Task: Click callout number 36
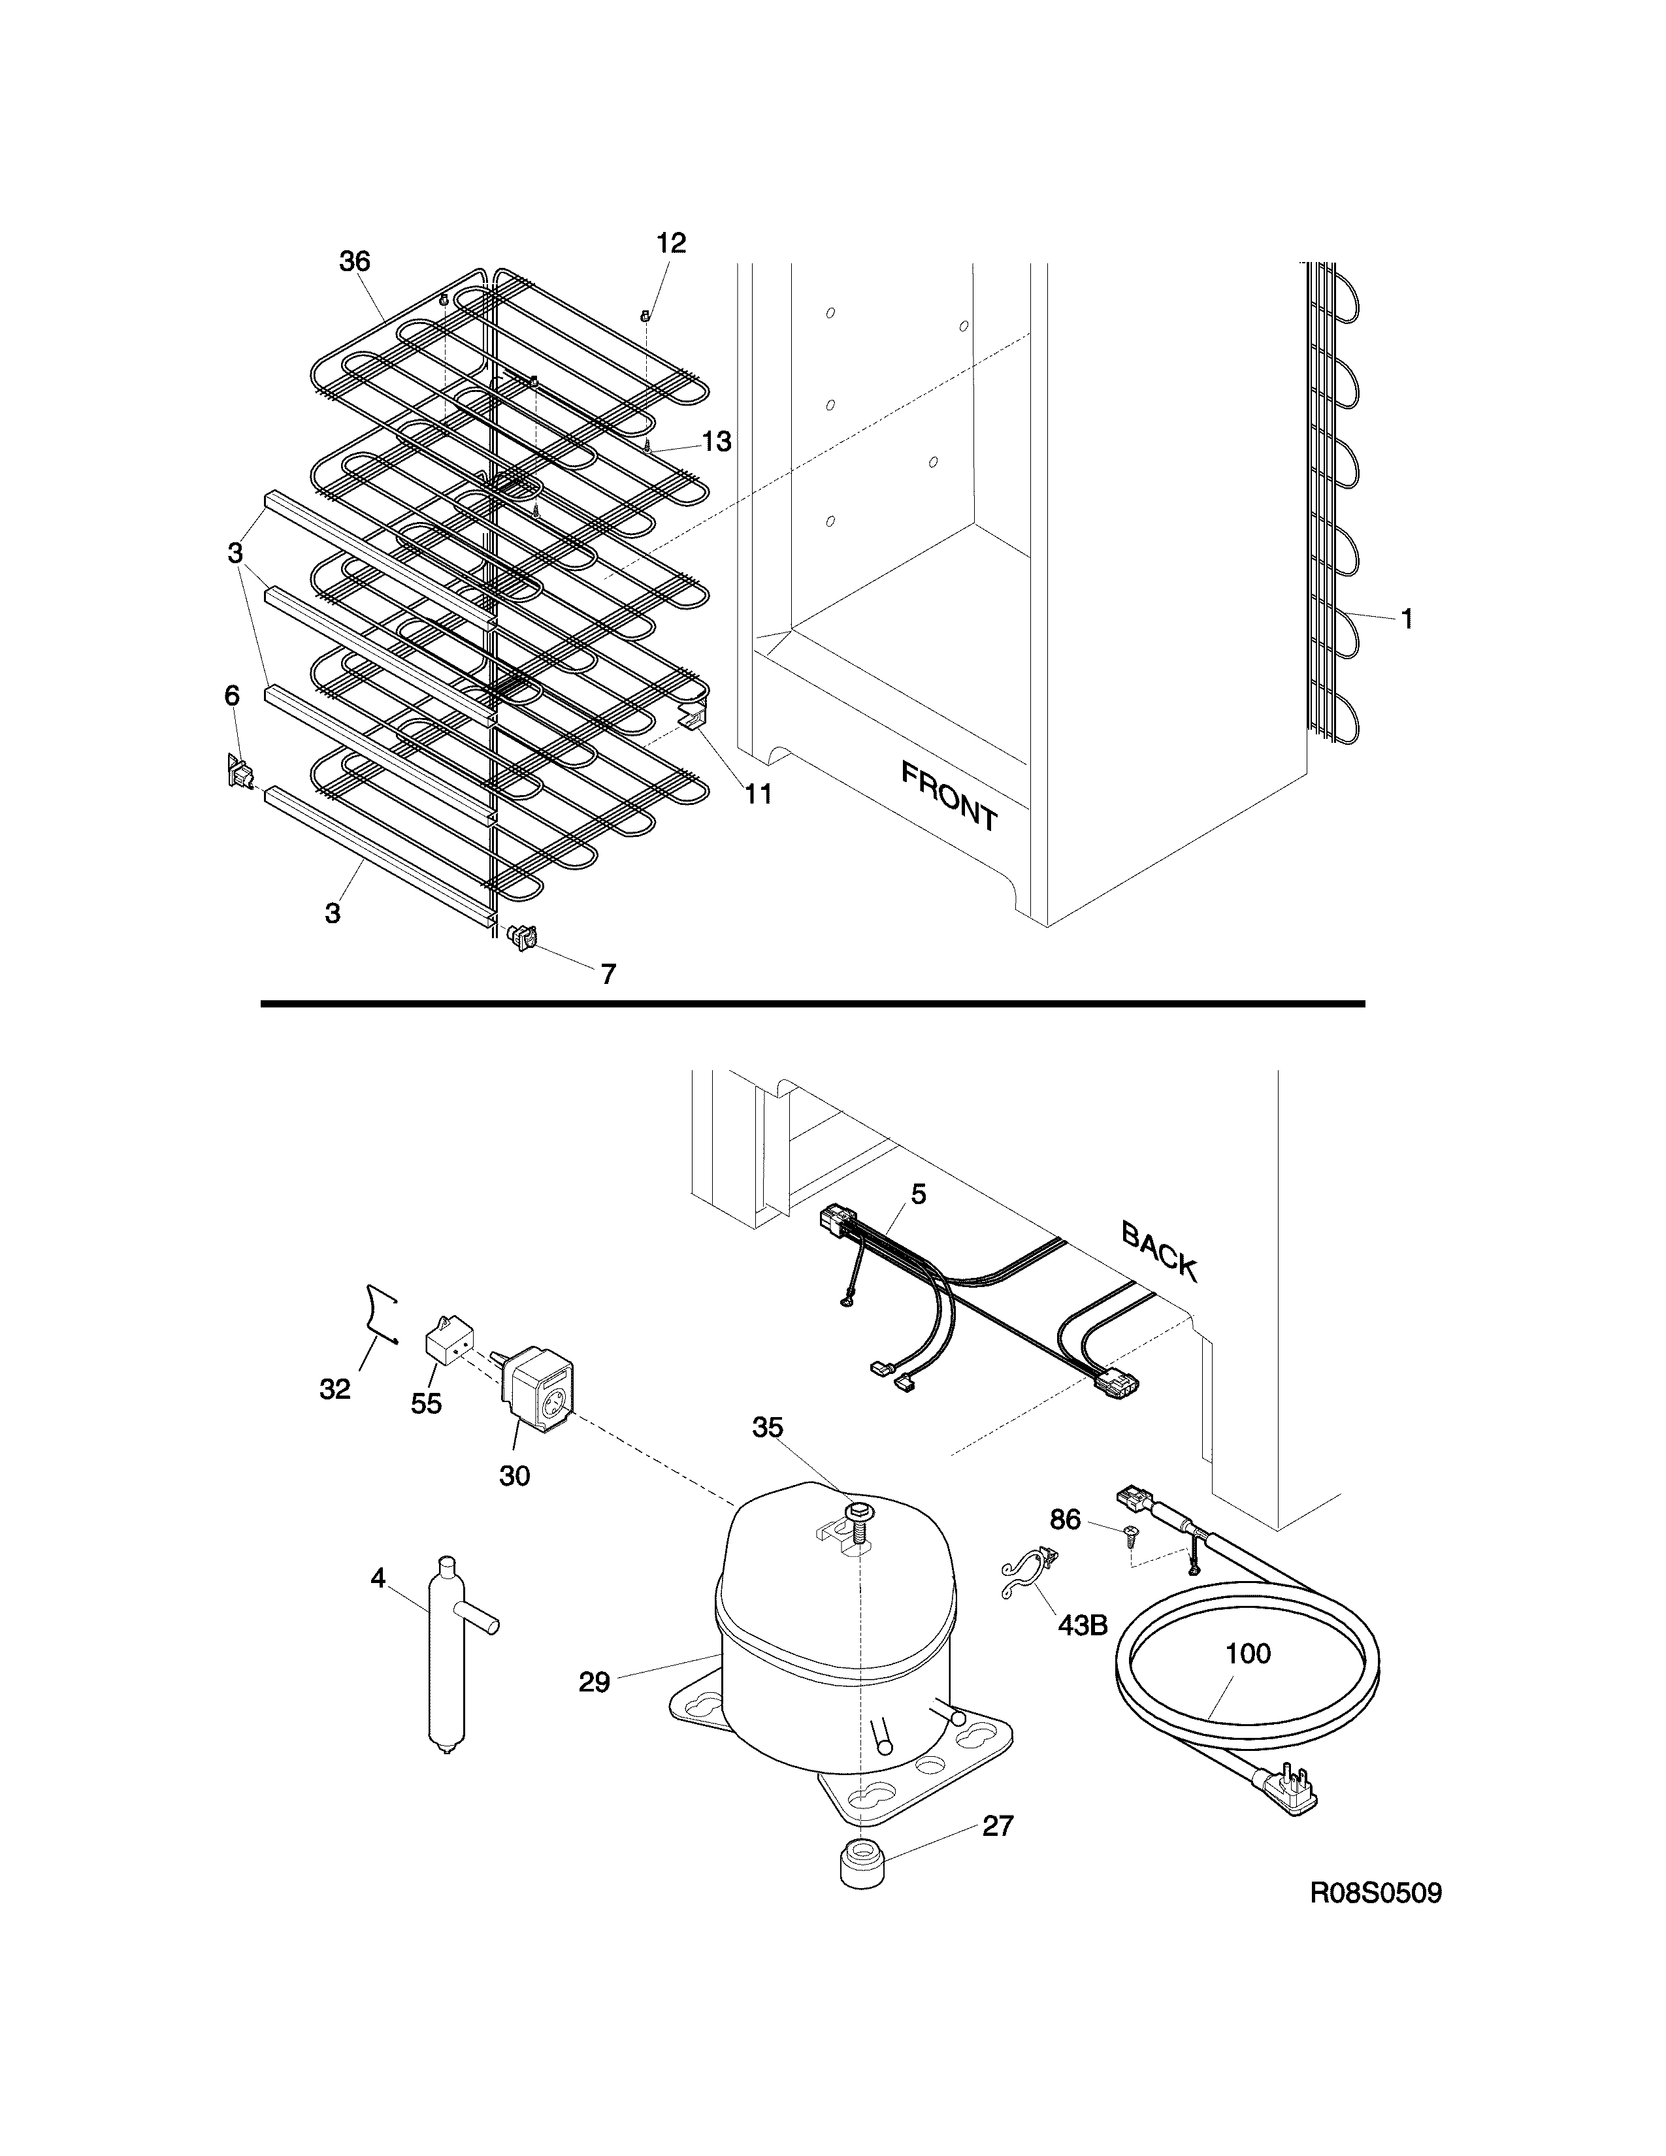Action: point(354,261)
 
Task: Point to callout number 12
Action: point(671,243)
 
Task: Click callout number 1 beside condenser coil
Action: point(1407,619)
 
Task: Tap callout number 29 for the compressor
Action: point(594,1682)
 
